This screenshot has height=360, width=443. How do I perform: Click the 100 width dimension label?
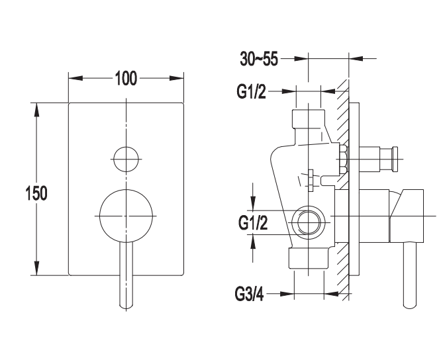pos(125,79)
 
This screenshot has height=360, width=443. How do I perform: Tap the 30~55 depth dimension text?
pos(260,60)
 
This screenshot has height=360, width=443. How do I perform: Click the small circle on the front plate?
pos(125,158)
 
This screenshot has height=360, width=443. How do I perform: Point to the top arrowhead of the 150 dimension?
pos(37,109)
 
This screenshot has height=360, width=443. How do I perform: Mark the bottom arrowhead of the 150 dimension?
pos(37,269)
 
